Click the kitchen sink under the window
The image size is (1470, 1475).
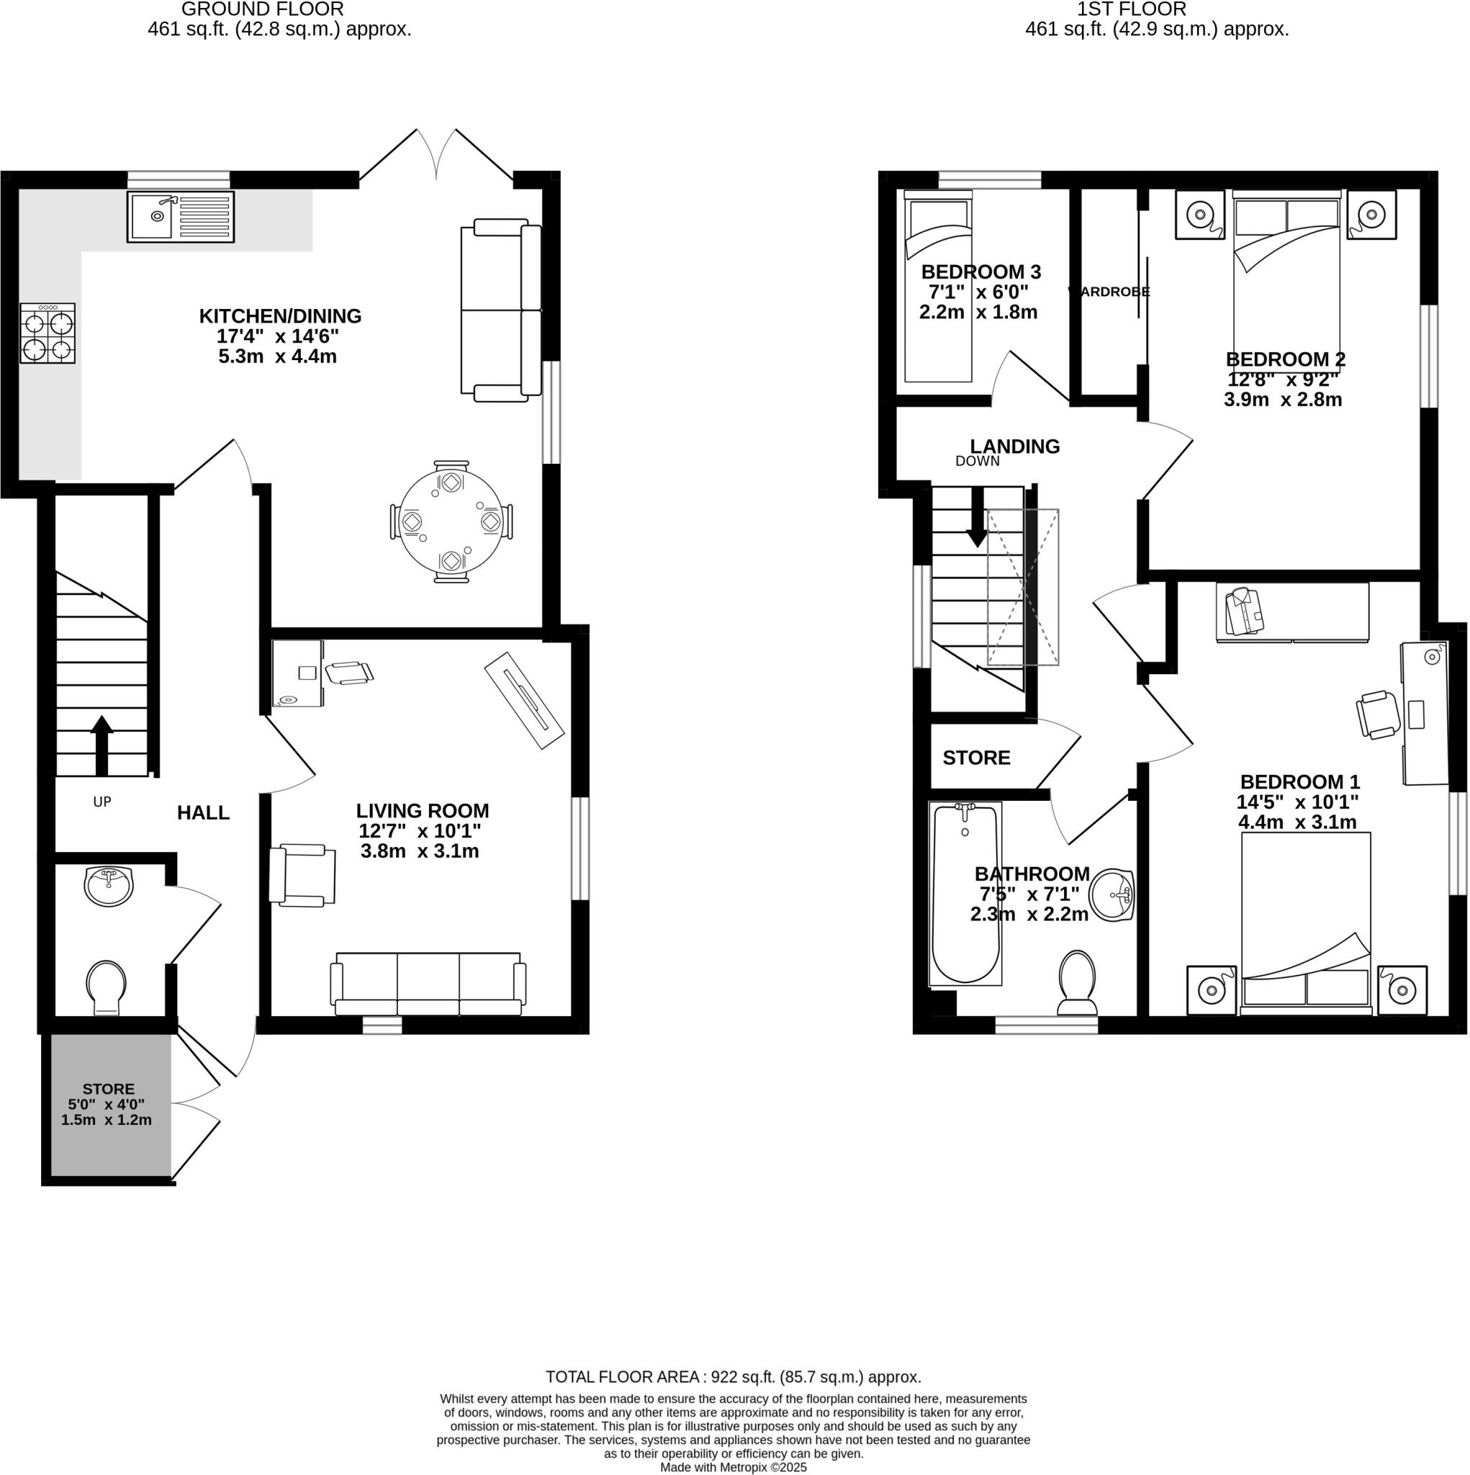[x=180, y=217]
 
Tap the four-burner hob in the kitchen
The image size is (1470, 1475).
[x=48, y=333]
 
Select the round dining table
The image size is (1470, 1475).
[x=451, y=522]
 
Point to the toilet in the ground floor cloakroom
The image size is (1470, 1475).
[x=107, y=987]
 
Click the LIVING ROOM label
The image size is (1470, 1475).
[x=422, y=811]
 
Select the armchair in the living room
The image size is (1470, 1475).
[x=303, y=875]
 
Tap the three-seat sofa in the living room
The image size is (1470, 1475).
[x=428, y=984]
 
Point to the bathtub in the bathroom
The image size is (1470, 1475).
[x=965, y=893]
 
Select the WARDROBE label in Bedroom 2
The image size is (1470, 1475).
[x=1108, y=292]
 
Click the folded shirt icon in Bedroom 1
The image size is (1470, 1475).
[x=1243, y=611]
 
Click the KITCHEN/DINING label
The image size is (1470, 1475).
[x=280, y=316]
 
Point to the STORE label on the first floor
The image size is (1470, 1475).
[x=976, y=758]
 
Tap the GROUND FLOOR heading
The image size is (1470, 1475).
[x=262, y=9]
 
